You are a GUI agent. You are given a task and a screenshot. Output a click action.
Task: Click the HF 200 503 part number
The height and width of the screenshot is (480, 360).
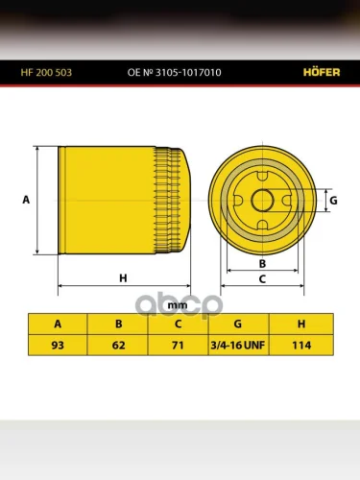(46, 72)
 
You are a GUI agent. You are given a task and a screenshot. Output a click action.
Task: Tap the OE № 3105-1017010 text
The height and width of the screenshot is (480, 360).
(174, 72)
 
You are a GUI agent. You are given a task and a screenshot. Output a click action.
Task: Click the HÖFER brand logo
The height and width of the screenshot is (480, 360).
(322, 72)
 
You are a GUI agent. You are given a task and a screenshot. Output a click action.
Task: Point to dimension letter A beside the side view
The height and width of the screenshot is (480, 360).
(26, 200)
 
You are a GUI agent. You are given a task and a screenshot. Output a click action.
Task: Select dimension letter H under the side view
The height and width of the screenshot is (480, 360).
(123, 278)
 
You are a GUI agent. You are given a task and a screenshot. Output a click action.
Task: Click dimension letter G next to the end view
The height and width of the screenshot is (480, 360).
(333, 201)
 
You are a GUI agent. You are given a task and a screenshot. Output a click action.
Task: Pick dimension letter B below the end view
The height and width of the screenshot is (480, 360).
(262, 264)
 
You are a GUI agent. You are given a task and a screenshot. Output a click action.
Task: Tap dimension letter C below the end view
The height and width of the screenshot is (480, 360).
(262, 279)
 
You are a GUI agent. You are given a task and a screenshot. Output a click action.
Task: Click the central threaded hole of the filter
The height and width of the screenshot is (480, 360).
(262, 201)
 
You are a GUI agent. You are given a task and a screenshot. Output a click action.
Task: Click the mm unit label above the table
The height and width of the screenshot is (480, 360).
(178, 305)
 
